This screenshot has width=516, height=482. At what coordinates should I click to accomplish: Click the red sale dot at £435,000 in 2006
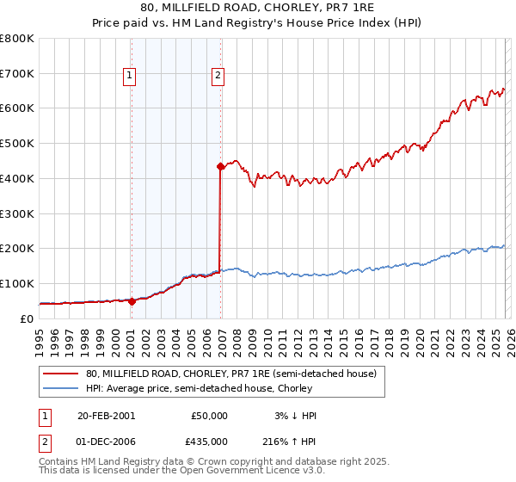pos(220,166)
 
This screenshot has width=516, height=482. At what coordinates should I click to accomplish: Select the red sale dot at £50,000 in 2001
pos(132,301)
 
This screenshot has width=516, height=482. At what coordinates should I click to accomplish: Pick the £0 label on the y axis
pos(27,318)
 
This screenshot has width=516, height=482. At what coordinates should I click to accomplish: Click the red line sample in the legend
pos(60,374)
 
